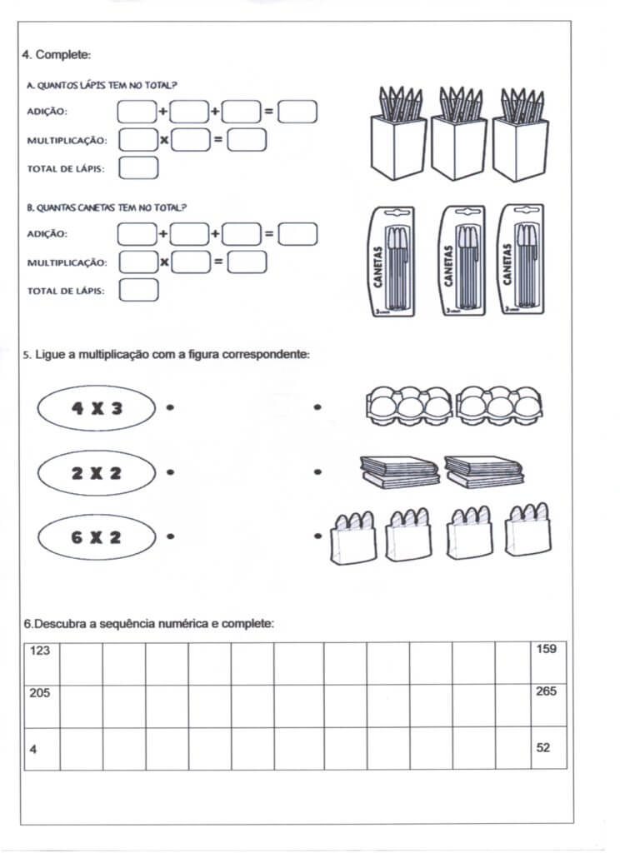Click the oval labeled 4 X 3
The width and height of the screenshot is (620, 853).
pos(97,408)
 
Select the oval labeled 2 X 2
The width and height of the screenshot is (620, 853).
pos(97,473)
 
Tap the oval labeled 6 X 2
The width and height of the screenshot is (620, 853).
pos(97,537)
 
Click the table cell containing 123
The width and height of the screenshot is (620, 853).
pos(42,663)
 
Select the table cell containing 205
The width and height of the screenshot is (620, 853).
pos(42,706)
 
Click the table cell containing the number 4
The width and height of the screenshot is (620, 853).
pos(42,748)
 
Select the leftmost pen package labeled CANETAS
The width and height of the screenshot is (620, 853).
pos(392,262)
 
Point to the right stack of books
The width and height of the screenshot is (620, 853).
pos(483,471)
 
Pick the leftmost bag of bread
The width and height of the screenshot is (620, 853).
pos(353,537)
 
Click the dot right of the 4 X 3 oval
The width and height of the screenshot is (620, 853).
pos(170,408)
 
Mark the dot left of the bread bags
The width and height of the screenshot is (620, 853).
pos(317,537)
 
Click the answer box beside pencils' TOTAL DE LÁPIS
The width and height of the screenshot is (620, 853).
pos(138,168)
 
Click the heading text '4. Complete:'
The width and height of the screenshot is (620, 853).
pos(57,55)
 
